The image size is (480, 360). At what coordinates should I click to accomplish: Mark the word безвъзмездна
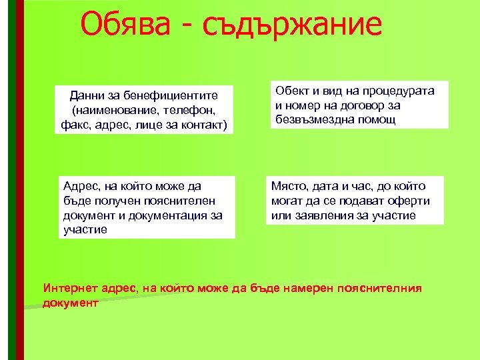(x=312, y=120)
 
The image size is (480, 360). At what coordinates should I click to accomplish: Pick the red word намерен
(x=300, y=289)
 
